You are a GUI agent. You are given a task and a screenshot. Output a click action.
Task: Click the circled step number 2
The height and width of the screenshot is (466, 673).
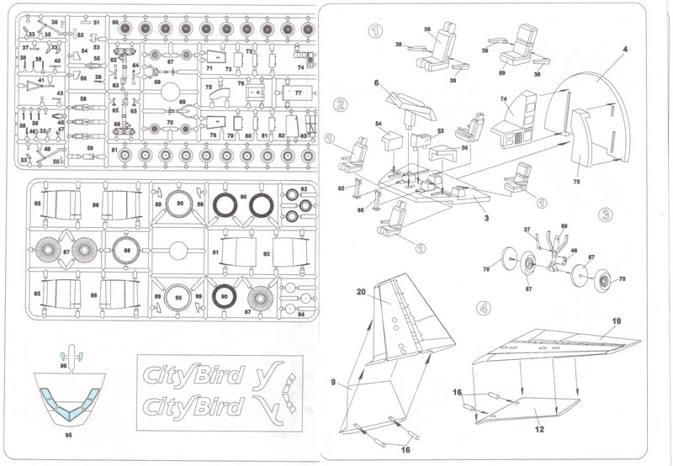click(x=341, y=105)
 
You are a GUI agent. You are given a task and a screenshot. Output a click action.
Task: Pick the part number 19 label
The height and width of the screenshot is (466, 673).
click(x=616, y=320)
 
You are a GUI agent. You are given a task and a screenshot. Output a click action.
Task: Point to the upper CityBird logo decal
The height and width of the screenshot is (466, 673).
click(x=192, y=374)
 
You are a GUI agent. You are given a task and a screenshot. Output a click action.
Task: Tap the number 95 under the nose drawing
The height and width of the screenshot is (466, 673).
click(x=71, y=436)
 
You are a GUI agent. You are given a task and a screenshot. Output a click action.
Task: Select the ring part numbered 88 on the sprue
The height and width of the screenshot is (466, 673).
click(x=126, y=250)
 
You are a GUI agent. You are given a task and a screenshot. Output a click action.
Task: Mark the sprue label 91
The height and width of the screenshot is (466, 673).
click(x=217, y=252)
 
